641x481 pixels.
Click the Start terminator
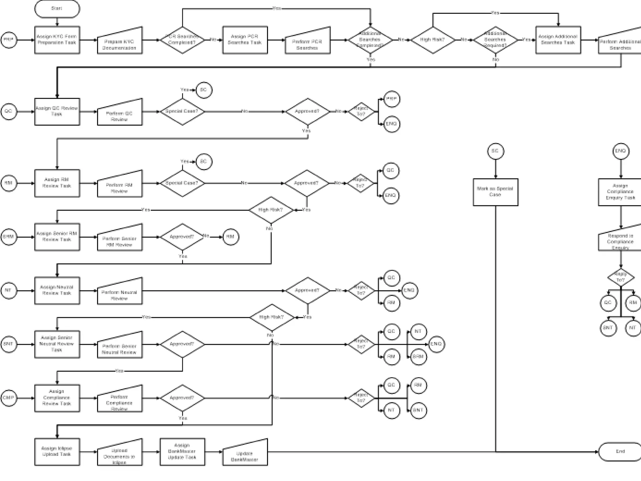[57, 9]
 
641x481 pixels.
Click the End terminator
[620, 452]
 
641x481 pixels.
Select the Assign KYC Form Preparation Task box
[57, 40]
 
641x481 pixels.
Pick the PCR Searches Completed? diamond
[182, 40]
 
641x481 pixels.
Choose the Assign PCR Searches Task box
[245, 40]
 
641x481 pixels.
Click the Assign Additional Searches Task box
[558, 40]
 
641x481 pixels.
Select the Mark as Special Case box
[495, 192]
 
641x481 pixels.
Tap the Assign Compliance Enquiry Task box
[620, 192]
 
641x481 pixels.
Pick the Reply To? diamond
[621, 277]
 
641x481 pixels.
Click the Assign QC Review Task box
[57, 111]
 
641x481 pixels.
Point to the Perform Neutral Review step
[120, 293]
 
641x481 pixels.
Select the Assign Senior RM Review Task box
[57, 237]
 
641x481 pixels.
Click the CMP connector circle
[8, 398]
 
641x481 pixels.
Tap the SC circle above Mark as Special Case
[495, 151]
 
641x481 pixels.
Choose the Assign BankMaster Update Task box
[182, 452]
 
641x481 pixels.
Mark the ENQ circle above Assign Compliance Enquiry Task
[620, 151]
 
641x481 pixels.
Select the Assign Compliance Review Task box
[57, 398]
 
